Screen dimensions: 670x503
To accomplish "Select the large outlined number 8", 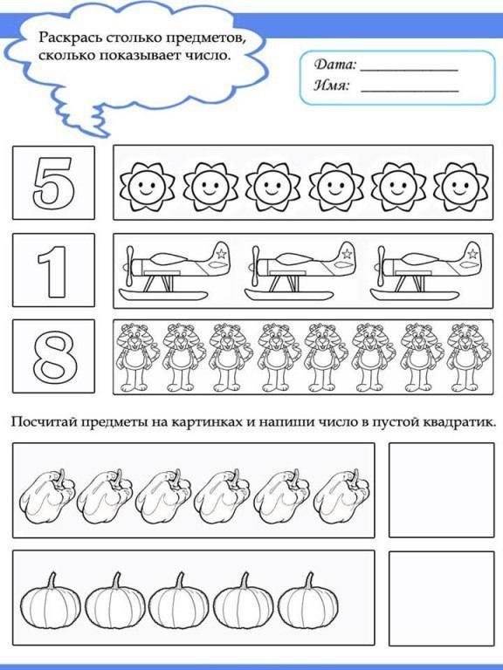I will pyautogui.click(x=53, y=356).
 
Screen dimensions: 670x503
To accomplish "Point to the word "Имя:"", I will pyautogui.click(x=332, y=85).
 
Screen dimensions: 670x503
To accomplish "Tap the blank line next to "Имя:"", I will pyautogui.click(x=409, y=90).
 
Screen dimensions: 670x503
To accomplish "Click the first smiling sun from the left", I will pyautogui.click(x=145, y=184).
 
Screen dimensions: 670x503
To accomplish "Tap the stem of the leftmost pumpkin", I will pyautogui.click(x=52, y=579).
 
